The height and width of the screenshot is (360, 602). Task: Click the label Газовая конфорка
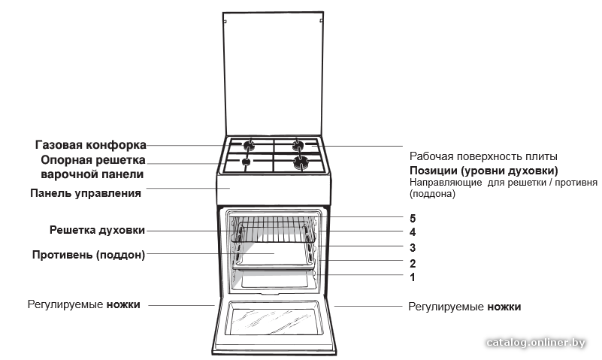tap(91, 145)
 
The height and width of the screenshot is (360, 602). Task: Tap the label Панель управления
tap(86, 192)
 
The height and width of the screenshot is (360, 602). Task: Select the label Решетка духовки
tap(97, 230)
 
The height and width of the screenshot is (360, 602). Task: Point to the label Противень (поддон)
tap(89, 255)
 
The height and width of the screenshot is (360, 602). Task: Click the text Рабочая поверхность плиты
tap(483, 156)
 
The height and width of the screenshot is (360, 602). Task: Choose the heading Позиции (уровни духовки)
tap(484, 171)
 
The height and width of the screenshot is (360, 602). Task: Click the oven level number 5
tap(413, 219)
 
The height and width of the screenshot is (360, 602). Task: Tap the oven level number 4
tap(413, 232)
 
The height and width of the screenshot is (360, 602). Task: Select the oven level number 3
tap(413, 248)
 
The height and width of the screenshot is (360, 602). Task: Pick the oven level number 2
tap(413, 264)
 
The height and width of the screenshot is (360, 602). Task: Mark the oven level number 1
tap(413, 277)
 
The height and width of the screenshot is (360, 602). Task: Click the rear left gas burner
tap(250, 145)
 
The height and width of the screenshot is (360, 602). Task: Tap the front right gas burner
tap(301, 163)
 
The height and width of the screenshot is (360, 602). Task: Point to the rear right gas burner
tap(298, 145)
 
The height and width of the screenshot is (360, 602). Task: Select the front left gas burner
tap(246, 162)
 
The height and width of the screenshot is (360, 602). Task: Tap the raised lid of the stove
tap(274, 74)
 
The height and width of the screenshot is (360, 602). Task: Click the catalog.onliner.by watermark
tap(536, 343)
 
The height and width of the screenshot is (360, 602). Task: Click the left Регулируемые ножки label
tap(83, 304)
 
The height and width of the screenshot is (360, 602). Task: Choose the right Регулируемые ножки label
tap(464, 307)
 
